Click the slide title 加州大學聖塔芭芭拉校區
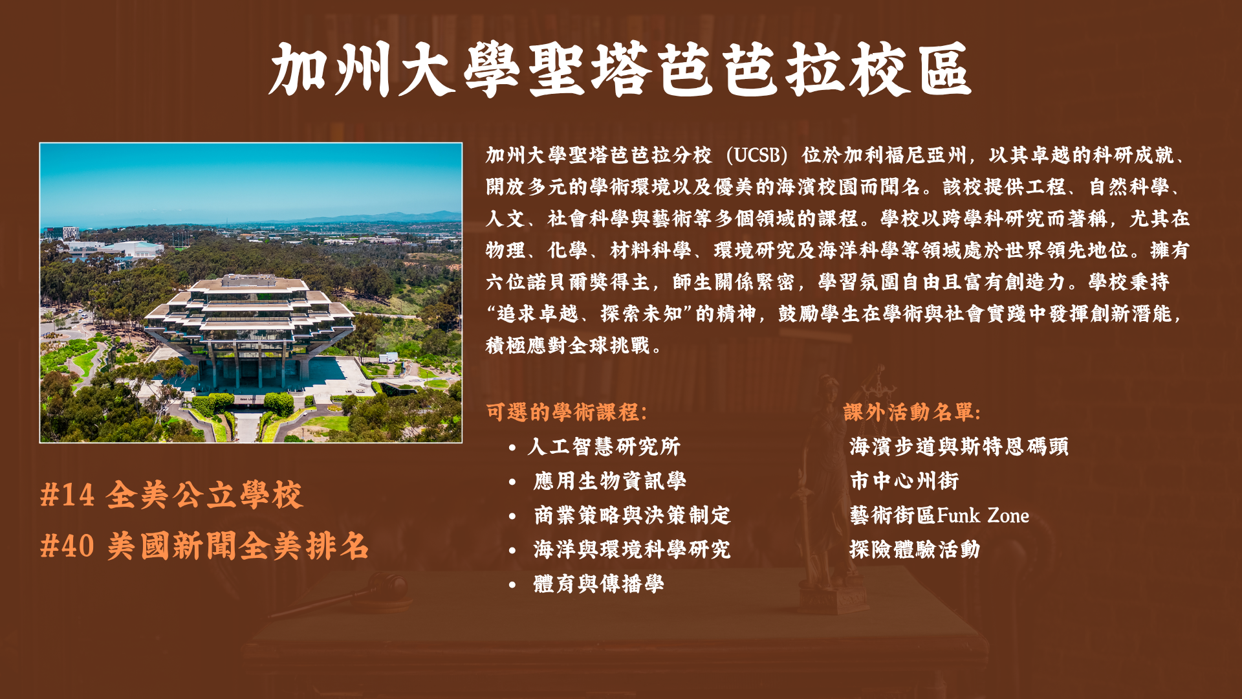(x=620, y=70)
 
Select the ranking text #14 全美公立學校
(x=171, y=495)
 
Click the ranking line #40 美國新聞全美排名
(x=204, y=546)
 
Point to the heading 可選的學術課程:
(x=567, y=412)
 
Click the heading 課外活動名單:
(x=912, y=412)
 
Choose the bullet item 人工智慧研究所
(x=604, y=447)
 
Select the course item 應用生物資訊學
(x=610, y=481)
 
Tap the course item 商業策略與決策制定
(x=632, y=515)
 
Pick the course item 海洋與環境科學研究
(x=632, y=549)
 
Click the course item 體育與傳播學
(x=599, y=584)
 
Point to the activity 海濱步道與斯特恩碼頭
(x=959, y=447)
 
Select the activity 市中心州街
(x=904, y=481)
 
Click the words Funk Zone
(x=983, y=516)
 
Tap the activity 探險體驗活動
(x=915, y=549)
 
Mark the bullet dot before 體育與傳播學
(x=512, y=584)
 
